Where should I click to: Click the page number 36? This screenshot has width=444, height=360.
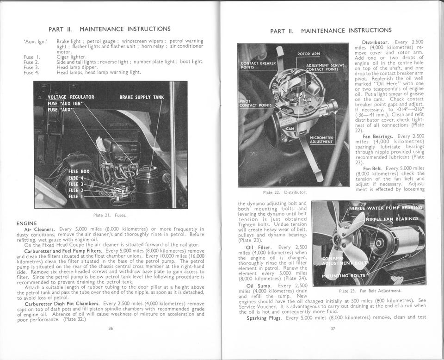[x=111, y=329]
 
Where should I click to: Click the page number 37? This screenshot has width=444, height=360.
[x=333, y=329]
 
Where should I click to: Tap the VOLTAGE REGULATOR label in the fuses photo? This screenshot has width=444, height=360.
[x=71, y=97]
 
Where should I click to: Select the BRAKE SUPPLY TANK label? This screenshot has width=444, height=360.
[x=142, y=97]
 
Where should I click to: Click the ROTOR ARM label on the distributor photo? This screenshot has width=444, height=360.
[x=310, y=54]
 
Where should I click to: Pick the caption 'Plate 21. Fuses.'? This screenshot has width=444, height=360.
[x=110, y=215]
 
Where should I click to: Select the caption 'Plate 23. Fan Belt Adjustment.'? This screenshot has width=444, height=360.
[x=370, y=291]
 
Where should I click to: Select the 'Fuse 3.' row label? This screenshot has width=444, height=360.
[x=31, y=67]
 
